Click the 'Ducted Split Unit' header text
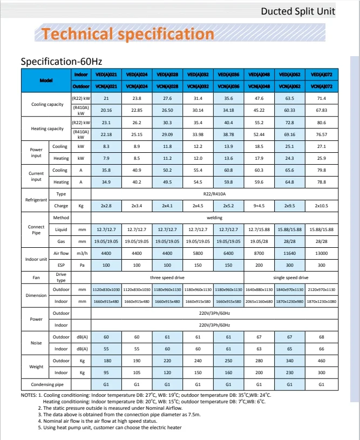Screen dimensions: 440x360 coord(298,11)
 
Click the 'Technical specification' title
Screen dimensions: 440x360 coord(128,34)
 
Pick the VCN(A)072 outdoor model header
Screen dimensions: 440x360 coord(321,86)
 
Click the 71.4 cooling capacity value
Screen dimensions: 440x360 coord(321,98)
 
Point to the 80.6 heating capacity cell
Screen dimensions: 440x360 coord(321,123)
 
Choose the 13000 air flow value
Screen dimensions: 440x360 coord(321,253)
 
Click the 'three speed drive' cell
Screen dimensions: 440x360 coord(167,277)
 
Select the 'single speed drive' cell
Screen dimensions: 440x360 coord(291,277)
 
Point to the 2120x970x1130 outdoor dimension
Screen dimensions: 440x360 coord(321,290)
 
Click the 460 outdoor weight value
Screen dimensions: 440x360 coord(321,360)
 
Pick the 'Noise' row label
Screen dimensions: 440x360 coord(36,342)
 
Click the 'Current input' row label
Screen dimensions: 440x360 coord(36,176)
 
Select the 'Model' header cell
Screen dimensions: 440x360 coord(46,80)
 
